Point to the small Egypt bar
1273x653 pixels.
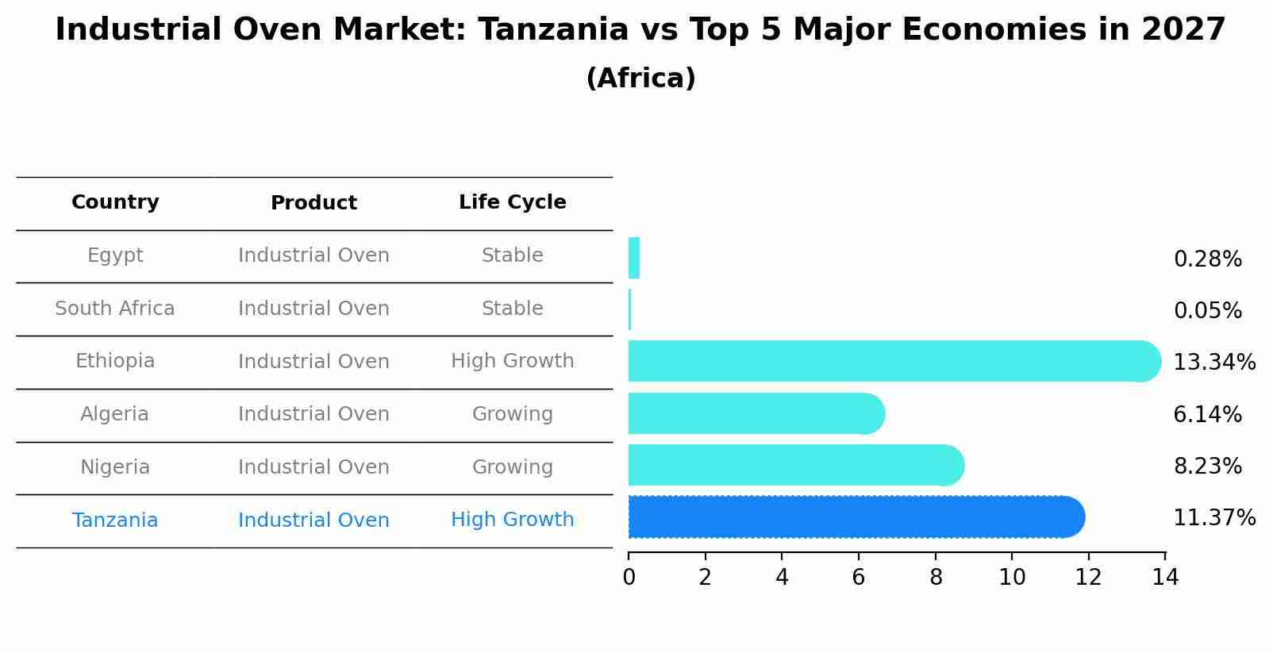(x=634, y=258)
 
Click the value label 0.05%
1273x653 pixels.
(x=1207, y=311)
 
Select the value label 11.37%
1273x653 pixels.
(x=1213, y=518)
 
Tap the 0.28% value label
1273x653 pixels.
(x=1207, y=259)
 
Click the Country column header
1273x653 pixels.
(x=115, y=202)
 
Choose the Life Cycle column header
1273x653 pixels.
(x=512, y=202)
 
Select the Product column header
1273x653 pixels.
(x=313, y=203)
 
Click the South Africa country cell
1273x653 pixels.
(x=115, y=309)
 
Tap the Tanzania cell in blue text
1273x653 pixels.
(x=115, y=520)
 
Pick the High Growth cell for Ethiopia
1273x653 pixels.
(x=512, y=361)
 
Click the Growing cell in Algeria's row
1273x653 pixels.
(x=512, y=414)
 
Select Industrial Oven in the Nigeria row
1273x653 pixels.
(x=313, y=467)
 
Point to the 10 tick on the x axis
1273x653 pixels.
(x=1012, y=578)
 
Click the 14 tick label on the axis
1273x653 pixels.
(x=1165, y=578)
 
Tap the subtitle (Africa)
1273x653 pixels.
(x=640, y=79)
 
